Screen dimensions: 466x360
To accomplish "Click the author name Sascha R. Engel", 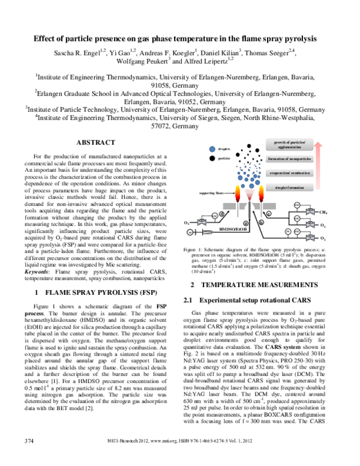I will (x=75, y=52).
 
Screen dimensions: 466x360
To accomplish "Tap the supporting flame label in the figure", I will (x=211, y=193).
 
